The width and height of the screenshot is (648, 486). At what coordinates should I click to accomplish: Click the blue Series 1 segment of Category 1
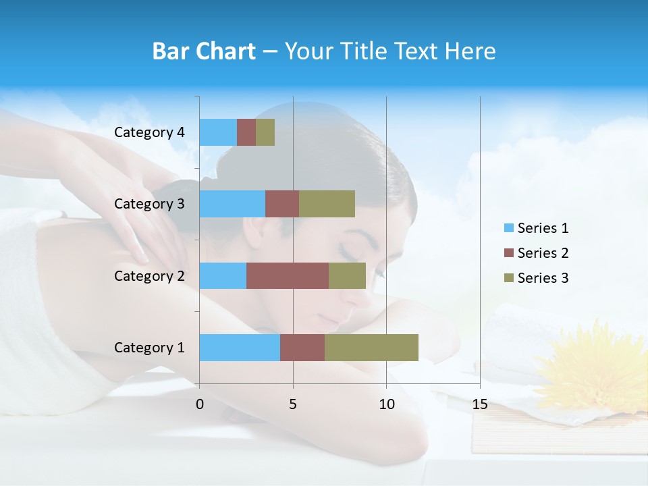point(240,347)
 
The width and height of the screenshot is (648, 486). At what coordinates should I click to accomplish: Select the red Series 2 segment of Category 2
point(288,275)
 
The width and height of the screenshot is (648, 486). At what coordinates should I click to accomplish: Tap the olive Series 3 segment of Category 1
point(371,347)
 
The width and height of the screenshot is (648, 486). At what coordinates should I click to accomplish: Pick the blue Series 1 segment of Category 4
point(218,132)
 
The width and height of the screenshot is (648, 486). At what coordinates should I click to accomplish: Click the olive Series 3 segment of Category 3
point(327,204)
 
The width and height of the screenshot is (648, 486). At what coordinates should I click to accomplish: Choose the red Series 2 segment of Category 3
point(282,204)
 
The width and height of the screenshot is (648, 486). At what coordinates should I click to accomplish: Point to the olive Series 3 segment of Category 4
point(265,132)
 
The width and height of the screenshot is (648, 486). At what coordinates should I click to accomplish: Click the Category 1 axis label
point(149,348)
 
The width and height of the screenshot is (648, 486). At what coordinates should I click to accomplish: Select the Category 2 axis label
point(149,276)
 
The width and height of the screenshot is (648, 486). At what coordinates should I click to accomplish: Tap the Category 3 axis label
point(149,204)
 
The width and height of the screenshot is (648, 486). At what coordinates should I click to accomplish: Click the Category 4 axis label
point(149,132)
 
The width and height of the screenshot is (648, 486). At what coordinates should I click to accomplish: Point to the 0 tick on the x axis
point(200,404)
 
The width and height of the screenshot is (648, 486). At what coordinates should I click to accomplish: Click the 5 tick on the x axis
point(293,404)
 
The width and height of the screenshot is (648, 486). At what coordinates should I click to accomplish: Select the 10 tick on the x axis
point(386,404)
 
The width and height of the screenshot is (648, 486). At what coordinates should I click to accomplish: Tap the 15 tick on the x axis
point(480,404)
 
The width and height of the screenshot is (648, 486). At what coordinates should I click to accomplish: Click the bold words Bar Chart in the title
point(203,51)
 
